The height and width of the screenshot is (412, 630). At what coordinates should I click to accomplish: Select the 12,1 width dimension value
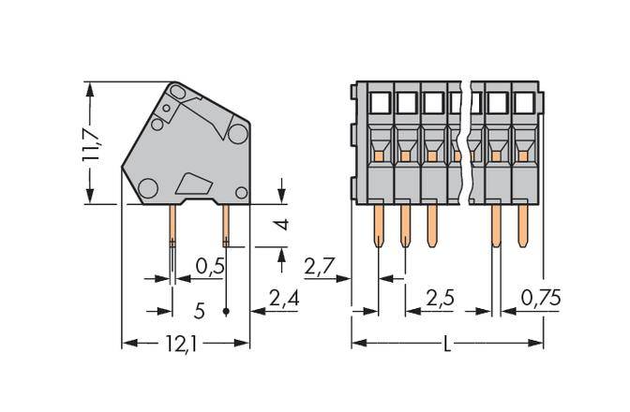coord(185,345)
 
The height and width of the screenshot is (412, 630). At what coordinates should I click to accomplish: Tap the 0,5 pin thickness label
coord(209,268)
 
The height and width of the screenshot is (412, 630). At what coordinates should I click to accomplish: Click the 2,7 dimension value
coord(322,268)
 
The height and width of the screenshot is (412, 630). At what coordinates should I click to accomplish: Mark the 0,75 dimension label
coord(539,301)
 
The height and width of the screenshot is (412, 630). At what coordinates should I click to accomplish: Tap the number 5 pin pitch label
coord(199,310)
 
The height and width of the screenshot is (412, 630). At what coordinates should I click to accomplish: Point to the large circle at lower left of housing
coord(148,190)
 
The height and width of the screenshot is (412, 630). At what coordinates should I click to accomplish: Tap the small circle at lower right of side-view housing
coord(241,193)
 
